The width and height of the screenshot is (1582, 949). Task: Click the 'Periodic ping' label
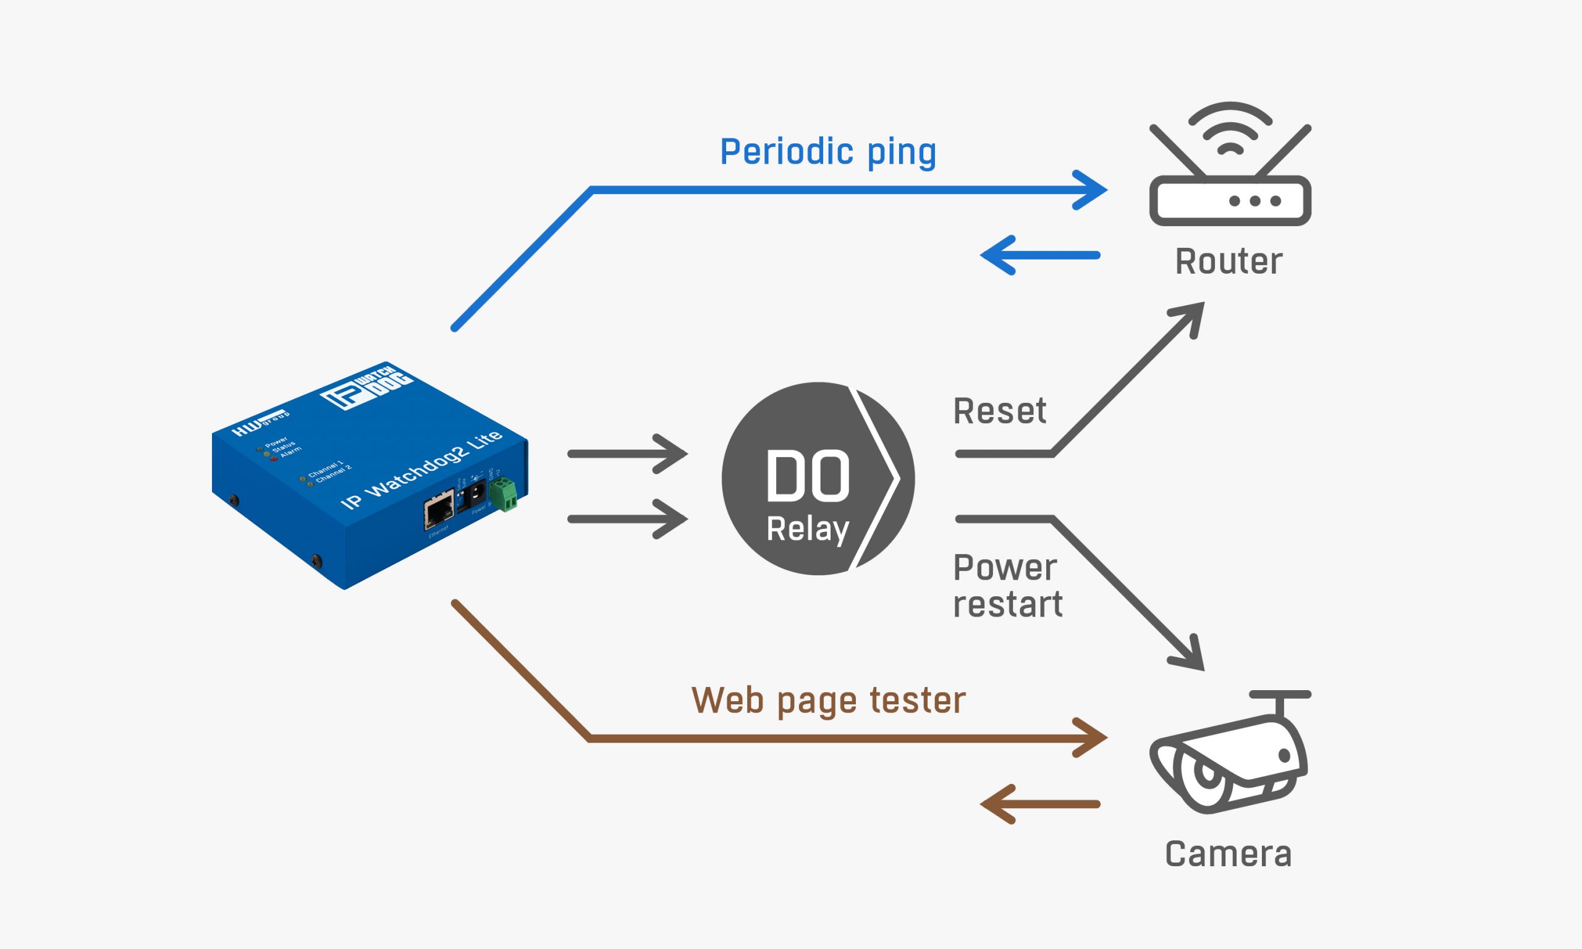[827, 152]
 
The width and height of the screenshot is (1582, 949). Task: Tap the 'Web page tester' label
[828, 700]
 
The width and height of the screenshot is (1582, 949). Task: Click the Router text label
[1229, 261]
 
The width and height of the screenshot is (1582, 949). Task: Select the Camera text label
[1228, 854]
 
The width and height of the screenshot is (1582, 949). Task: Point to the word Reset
[999, 411]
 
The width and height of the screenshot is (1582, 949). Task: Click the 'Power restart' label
[1007, 586]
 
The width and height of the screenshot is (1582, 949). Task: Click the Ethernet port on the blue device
[439, 510]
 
